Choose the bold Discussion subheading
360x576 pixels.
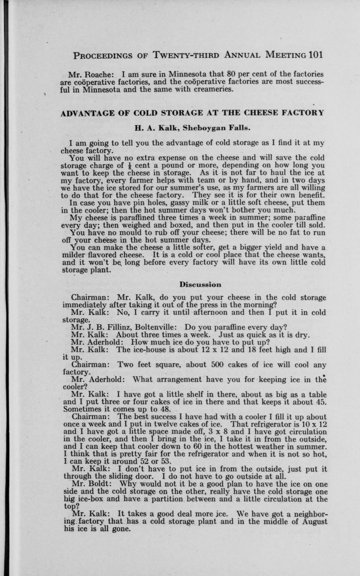click(200, 285)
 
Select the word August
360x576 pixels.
click(314, 521)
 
